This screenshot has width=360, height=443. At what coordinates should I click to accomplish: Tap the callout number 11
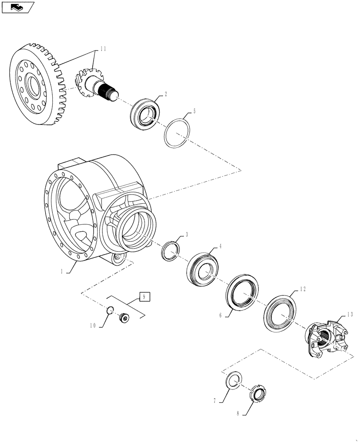click(x=103, y=49)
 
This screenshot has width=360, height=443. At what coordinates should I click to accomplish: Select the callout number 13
click(x=350, y=315)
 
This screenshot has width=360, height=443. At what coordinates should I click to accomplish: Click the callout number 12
click(x=303, y=289)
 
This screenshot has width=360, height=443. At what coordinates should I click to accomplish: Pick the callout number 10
click(x=93, y=326)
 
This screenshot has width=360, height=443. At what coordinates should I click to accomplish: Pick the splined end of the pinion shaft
click(x=110, y=92)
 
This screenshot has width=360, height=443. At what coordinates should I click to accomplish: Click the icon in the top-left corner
click(x=17, y=7)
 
